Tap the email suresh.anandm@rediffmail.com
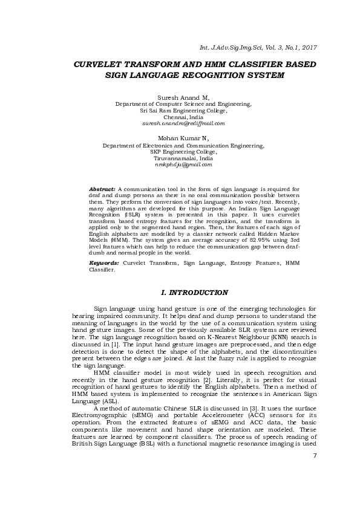(183, 123)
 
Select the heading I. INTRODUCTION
(194, 293)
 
